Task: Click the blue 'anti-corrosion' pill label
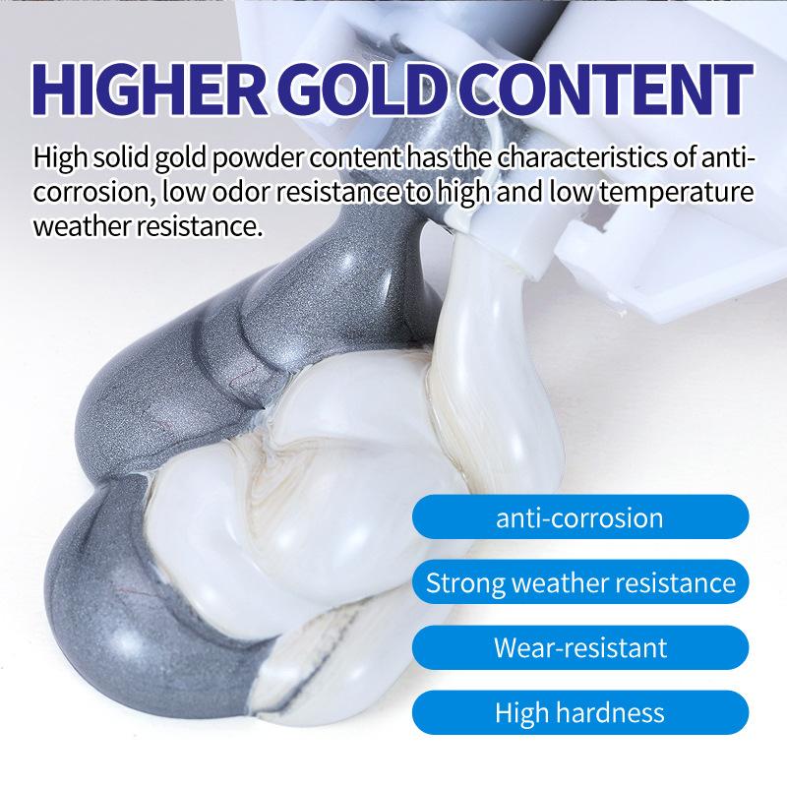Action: click(579, 517)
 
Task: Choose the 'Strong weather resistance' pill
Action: click(579, 582)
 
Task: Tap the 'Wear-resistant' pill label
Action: click(579, 647)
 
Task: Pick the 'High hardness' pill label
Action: click(579, 712)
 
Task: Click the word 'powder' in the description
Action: click(250, 157)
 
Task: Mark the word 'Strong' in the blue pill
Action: click(462, 582)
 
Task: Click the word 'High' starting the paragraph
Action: click(57, 156)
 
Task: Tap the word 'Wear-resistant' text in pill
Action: click(579, 647)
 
